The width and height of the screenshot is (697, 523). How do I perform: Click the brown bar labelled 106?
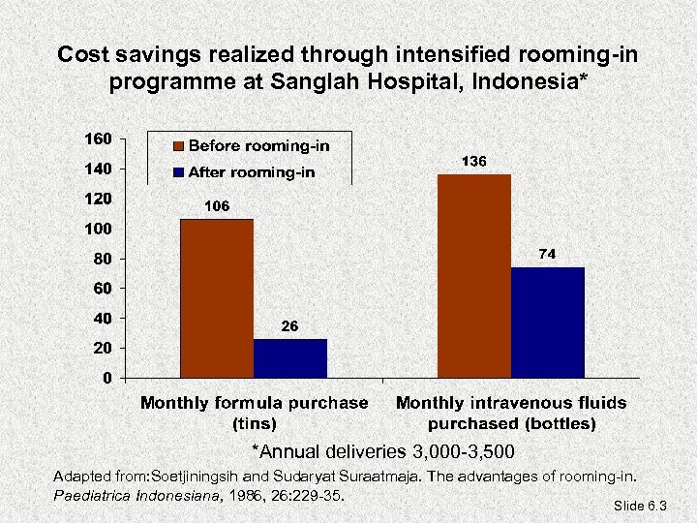coord(216,298)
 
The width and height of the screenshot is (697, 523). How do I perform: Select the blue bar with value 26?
coord(290,357)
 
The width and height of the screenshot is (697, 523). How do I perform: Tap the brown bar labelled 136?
coord(474,276)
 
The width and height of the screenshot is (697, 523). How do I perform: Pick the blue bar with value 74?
coord(548,322)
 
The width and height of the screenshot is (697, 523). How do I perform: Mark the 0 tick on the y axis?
coord(106,378)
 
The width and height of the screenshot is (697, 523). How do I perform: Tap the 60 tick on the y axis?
coord(100,289)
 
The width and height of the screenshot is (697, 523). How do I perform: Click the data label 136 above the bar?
coord(473,162)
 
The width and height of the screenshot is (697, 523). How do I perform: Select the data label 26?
coord(289,327)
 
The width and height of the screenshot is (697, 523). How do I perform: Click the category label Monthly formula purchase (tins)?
coord(255,413)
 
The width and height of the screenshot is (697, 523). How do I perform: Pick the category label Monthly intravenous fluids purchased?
coord(511,413)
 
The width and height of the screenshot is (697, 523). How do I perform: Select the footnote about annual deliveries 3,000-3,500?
coord(382,452)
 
